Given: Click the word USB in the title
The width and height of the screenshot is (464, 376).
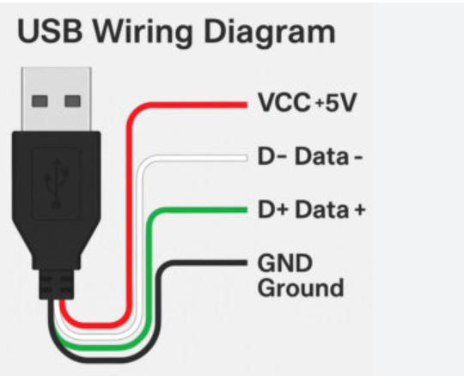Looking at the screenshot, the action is (50, 31).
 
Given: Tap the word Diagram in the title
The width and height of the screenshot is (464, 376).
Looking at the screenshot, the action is (270, 34).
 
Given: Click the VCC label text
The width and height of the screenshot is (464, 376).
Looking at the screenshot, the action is (284, 102).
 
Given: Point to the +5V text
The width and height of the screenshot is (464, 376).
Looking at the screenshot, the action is (336, 102).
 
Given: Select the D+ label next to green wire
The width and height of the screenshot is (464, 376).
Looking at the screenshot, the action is (272, 209).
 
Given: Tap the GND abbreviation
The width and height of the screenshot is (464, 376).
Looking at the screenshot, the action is (285, 263).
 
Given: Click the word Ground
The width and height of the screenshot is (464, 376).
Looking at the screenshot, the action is (301, 288).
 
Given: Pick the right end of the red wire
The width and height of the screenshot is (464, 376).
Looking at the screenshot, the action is (247, 105).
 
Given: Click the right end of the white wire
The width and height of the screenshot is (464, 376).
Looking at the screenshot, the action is (247, 158).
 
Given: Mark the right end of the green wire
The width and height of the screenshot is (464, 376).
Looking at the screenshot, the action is (247, 209).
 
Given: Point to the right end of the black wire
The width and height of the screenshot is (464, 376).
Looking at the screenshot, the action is (247, 263).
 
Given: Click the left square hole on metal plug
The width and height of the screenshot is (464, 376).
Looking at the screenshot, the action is (40, 101).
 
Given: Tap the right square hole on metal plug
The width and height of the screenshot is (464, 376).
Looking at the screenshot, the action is (72, 101).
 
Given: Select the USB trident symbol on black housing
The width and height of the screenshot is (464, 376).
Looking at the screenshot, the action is (56, 183).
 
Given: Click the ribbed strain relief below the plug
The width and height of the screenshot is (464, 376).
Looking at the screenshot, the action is (56, 284).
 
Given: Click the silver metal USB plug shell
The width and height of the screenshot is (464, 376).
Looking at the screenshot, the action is (56, 100).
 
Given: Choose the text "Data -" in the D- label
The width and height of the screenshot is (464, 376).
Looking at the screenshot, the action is (328, 156).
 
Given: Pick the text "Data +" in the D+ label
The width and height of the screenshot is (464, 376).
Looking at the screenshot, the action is (330, 209).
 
